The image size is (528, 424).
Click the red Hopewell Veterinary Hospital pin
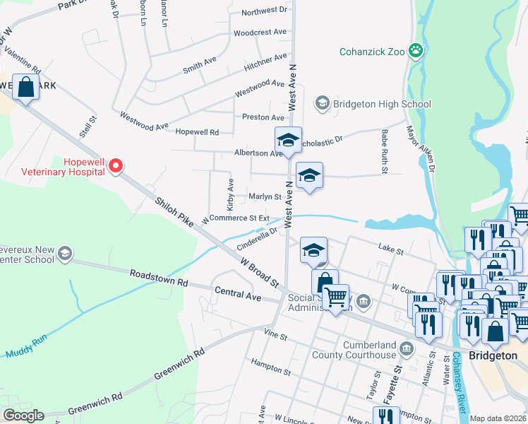pyautogui.click(x=116, y=166)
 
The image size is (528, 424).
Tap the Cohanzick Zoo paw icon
pyautogui.click(x=417, y=51)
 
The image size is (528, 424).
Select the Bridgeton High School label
pyautogui.click(x=382, y=104)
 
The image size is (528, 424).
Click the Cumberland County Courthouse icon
pyautogui.click(x=407, y=348)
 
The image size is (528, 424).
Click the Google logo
pyautogui.click(x=23, y=416)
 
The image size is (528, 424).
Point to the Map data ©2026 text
pyautogui.click(x=498, y=418)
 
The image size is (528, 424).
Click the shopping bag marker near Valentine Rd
pyautogui.click(x=25, y=88)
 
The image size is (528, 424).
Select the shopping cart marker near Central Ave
pyautogui.click(x=337, y=296)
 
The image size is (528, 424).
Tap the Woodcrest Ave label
pyautogui.click(x=260, y=33)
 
